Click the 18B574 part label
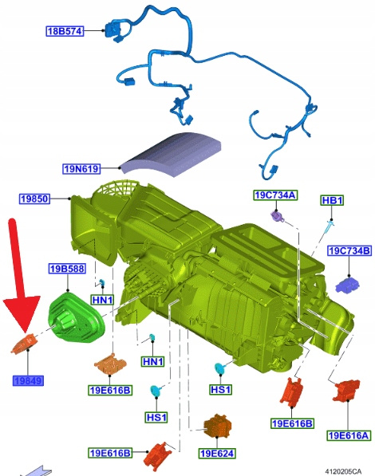(65, 31)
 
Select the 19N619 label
(81, 168)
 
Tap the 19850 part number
(34, 199)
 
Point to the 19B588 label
(67, 269)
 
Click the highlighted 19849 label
(28, 380)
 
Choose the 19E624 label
(217, 454)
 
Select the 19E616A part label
(349, 435)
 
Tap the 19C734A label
(275, 195)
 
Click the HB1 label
(332, 200)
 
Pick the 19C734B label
(349, 250)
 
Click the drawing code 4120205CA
(343, 471)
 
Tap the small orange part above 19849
(25, 344)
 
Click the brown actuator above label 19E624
(217, 425)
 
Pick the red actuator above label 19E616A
(346, 391)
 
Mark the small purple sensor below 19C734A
(278, 216)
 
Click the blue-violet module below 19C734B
(347, 285)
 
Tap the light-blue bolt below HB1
(330, 227)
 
